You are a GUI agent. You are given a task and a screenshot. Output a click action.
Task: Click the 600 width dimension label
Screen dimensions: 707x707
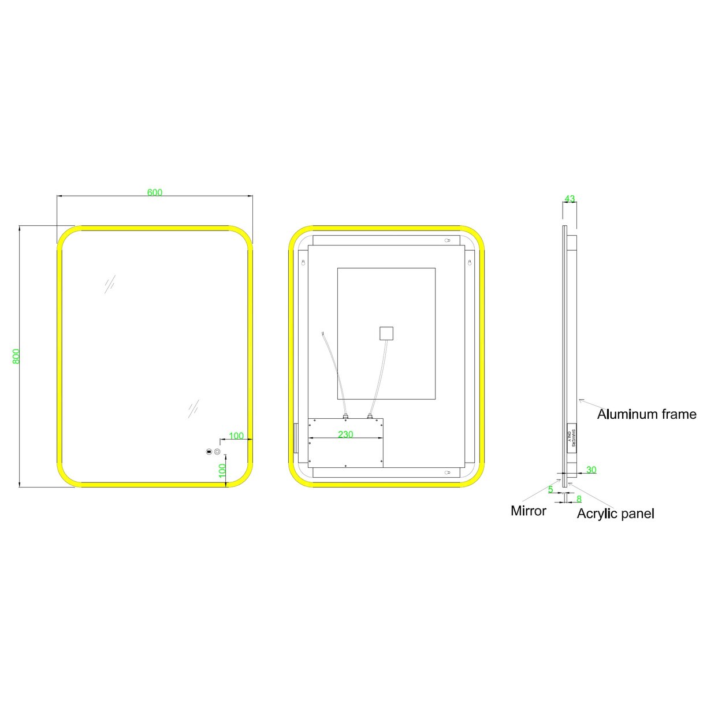point(155,192)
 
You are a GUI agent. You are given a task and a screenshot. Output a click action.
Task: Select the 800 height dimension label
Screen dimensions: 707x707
point(16,356)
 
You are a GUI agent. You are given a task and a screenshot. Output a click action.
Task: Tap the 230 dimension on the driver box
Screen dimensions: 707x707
point(345,434)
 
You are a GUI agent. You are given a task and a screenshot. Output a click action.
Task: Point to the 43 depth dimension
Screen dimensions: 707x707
point(570,199)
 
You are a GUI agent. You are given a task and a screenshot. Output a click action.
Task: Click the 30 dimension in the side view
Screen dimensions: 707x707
point(591,470)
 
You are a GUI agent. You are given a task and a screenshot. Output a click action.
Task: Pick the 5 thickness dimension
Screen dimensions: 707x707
point(550,489)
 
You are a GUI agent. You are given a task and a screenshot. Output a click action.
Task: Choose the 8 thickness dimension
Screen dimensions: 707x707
point(579,498)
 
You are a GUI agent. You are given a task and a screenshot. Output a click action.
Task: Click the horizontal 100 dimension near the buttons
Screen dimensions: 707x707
point(236,436)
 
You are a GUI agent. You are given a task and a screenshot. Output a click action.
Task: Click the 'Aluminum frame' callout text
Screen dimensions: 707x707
point(646,414)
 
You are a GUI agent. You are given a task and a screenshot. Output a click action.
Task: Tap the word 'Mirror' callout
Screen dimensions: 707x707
point(528,511)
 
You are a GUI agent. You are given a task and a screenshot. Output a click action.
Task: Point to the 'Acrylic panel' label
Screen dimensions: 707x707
point(615,513)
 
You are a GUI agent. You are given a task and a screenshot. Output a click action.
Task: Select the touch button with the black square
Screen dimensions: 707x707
point(208,452)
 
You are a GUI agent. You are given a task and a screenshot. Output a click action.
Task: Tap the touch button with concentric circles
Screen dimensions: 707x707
point(218,452)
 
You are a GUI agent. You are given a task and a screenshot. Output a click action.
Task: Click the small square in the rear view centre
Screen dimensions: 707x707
point(386,334)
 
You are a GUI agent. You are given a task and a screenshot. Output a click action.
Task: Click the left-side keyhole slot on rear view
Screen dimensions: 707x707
point(303,263)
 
